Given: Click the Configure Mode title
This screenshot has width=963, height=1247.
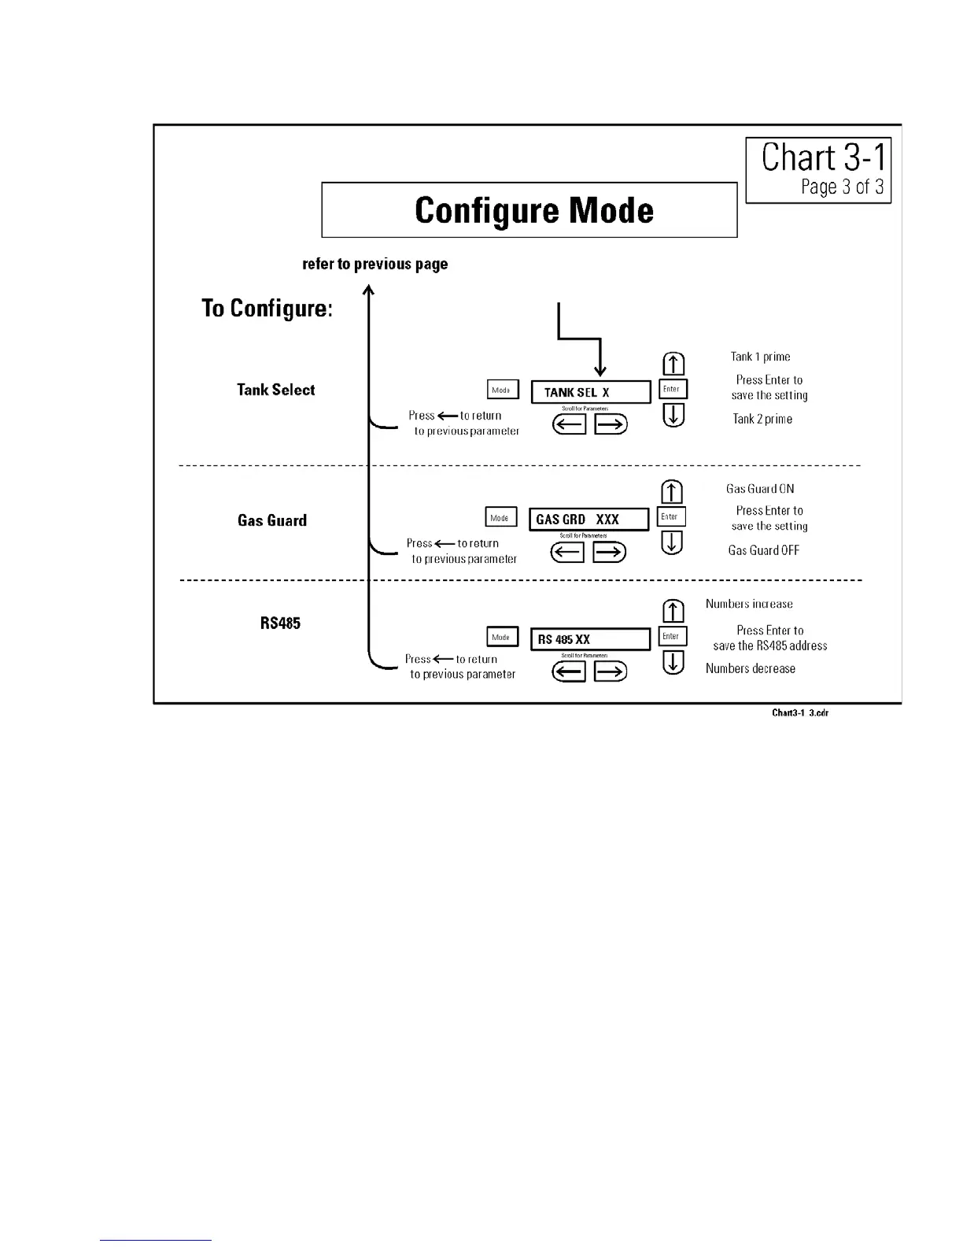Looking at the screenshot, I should click(533, 210).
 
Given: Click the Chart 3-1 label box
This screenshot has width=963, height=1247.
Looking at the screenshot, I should click(818, 170).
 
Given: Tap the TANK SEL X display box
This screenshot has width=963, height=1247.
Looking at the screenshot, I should click(591, 392).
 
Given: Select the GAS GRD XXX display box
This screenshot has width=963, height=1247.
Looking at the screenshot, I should click(588, 520).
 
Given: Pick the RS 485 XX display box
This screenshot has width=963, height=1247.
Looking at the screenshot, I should click(590, 639).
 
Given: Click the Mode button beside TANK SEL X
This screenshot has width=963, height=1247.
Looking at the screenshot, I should click(502, 390).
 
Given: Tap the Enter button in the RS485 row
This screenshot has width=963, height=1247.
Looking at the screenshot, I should click(672, 636).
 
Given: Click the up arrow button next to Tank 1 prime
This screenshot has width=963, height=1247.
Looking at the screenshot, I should click(673, 364).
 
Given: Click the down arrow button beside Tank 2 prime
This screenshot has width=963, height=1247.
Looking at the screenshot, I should click(673, 415).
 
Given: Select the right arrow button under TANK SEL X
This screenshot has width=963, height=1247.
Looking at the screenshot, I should click(611, 425).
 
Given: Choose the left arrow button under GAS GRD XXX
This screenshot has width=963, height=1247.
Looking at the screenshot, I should click(566, 553).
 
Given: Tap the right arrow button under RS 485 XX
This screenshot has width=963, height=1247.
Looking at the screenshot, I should click(611, 672).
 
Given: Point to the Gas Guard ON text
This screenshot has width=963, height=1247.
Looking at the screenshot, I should click(760, 489).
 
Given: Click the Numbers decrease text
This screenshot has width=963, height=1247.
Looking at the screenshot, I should click(750, 668).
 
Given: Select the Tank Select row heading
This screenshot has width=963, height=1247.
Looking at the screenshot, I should click(275, 390).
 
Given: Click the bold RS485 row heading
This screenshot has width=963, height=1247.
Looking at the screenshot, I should click(280, 623).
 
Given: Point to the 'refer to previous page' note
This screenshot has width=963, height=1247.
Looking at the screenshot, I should click(375, 264).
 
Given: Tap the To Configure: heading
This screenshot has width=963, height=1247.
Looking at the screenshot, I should click(267, 308).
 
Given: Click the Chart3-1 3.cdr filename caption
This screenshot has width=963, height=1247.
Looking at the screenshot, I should click(799, 713).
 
